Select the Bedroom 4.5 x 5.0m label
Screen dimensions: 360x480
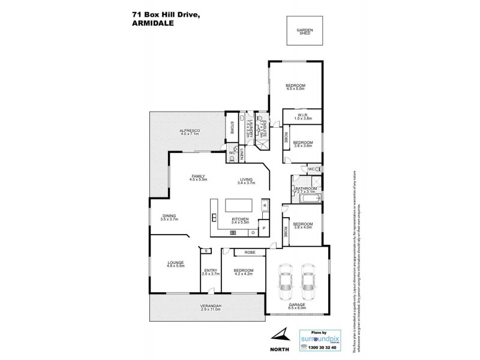[296, 86]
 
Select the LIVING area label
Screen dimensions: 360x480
[247, 179]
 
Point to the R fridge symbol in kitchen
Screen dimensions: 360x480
[265, 205]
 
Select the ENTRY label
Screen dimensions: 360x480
[210, 271]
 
